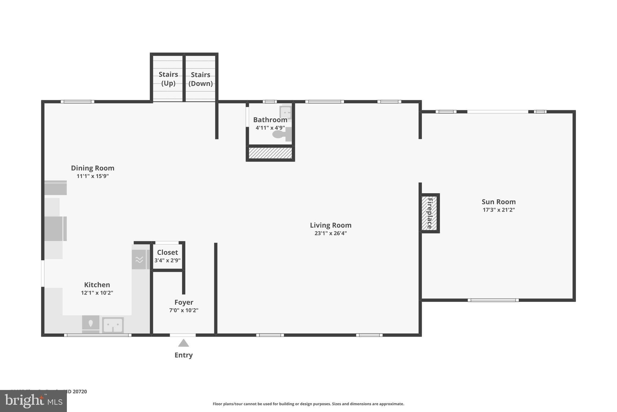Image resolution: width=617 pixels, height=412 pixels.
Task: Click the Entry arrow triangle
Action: point(183,343)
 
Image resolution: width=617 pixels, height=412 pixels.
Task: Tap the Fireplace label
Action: point(430,213)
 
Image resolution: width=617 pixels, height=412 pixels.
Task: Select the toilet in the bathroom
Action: point(281,134)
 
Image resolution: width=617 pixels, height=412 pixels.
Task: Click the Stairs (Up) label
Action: point(168,78)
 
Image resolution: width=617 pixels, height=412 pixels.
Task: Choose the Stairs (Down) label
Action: point(201,79)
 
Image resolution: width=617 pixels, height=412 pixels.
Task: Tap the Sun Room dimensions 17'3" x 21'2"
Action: point(499,210)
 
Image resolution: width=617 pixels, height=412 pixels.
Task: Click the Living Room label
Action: point(330,225)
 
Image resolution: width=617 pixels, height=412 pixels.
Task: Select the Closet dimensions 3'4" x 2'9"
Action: point(168,260)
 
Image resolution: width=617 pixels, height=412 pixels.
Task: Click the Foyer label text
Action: point(184,302)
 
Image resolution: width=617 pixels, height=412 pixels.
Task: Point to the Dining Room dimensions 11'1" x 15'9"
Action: point(92,176)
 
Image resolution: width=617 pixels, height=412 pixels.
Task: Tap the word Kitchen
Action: point(97,285)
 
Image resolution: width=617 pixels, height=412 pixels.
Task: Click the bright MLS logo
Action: point(33,401)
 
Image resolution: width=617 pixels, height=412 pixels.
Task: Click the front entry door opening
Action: point(183,335)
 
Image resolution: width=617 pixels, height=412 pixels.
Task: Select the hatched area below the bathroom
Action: point(270,153)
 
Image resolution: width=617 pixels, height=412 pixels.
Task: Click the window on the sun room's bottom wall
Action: point(493,300)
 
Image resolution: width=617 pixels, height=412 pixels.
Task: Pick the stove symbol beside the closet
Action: point(139,259)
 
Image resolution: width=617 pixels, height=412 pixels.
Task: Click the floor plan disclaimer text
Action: point(308,404)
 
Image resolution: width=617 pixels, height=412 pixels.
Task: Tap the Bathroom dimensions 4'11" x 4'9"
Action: point(270,128)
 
